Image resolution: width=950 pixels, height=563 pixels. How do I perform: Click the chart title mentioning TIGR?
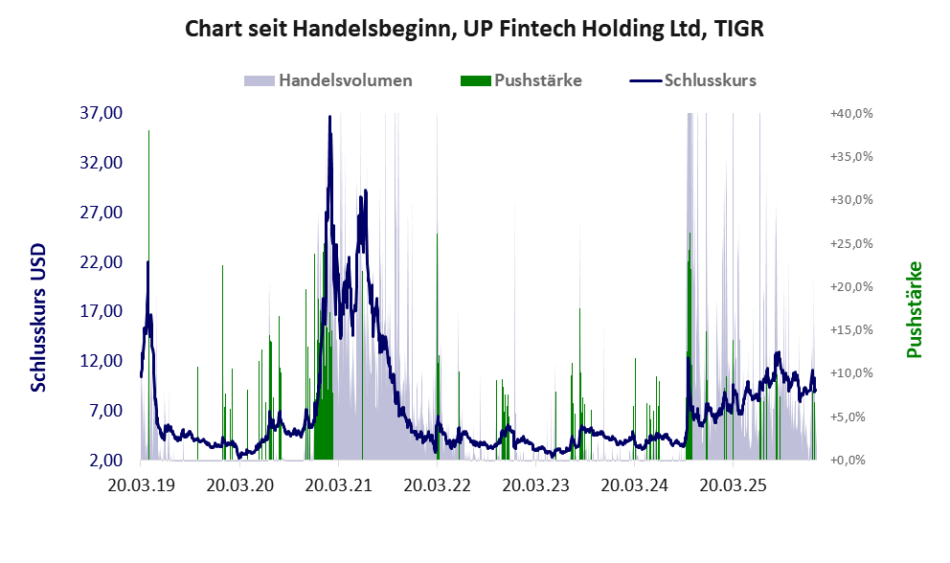(474, 30)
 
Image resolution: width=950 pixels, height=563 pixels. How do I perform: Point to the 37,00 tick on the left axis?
(102, 113)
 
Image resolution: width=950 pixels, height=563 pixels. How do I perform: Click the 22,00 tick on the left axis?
(102, 261)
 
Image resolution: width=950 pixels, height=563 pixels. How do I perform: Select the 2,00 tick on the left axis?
(105, 461)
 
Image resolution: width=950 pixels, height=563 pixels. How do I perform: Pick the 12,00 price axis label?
(102, 361)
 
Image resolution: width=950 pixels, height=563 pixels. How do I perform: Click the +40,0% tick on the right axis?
(850, 113)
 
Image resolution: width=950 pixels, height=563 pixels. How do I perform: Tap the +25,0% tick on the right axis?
(850, 243)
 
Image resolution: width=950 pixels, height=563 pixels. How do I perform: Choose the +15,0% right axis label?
(850, 330)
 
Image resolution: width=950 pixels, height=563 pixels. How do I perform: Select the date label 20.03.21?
(338, 485)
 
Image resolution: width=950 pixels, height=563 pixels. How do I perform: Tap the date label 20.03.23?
(536, 485)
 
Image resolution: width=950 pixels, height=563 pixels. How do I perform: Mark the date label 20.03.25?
(734, 485)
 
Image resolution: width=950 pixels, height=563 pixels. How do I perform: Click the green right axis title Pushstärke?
(914, 309)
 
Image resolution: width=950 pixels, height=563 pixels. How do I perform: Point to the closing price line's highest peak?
(329, 117)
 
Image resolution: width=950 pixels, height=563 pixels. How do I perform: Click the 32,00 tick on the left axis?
(102, 163)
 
